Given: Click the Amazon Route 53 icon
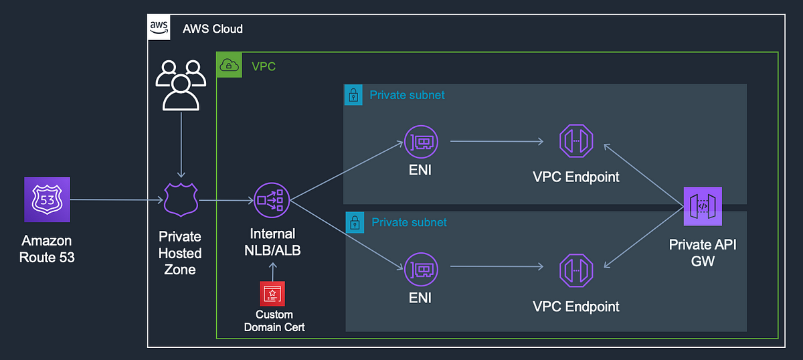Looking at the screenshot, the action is (x=47, y=199).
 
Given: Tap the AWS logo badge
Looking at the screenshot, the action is (x=159, y=27).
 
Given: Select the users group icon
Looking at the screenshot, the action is (x=181, y=85).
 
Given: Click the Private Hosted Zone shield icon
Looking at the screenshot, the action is (x=181, y=199).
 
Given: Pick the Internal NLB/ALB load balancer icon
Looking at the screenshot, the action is (x=272, y=200).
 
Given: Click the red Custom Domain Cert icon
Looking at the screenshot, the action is (x=272, y=294).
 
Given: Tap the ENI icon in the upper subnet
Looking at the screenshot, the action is (x=421, y=142).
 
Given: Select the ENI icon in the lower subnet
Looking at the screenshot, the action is (x=421, y=269).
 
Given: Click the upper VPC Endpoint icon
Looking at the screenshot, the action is (x=576, y=141).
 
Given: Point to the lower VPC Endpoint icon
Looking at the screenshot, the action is (x=576, y=271).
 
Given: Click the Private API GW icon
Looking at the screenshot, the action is (x=703, y=206).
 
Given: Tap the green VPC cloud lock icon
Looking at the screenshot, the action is (x=229, y=65).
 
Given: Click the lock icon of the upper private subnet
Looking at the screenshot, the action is (x=353, y=94).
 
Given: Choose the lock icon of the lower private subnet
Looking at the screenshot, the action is (x=355, y=222).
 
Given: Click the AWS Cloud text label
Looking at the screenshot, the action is (x=213, y=29).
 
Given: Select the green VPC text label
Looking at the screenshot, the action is (x=264, y=66).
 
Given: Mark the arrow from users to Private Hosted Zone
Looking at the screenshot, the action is (x=181, y=145).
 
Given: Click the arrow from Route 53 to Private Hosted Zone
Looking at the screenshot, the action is (x=117, y=199).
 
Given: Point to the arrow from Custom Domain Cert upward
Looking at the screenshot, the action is (x=273, y=272).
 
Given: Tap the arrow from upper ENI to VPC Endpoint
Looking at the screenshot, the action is (x=497, y=141).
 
